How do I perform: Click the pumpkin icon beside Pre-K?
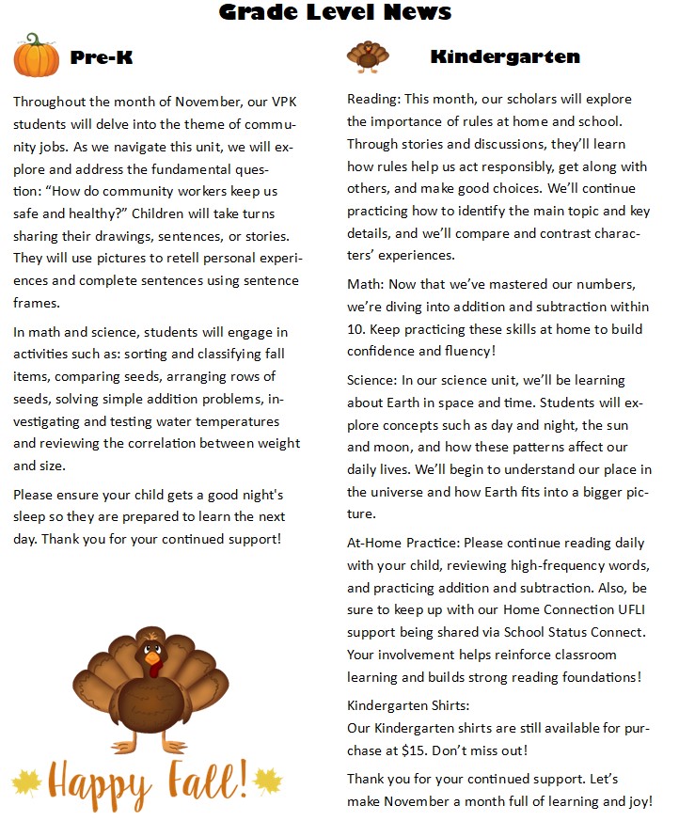(37, 55)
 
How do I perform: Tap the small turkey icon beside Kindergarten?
(367, 56)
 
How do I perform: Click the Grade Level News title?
(336, 12)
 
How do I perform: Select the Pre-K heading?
(102, 57)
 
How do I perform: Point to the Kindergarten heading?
(505, 57)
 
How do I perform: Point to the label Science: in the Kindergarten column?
(372, 380)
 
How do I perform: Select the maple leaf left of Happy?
(26, 781)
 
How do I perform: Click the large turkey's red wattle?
(154, 670)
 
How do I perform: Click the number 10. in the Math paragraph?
(357, 329)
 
